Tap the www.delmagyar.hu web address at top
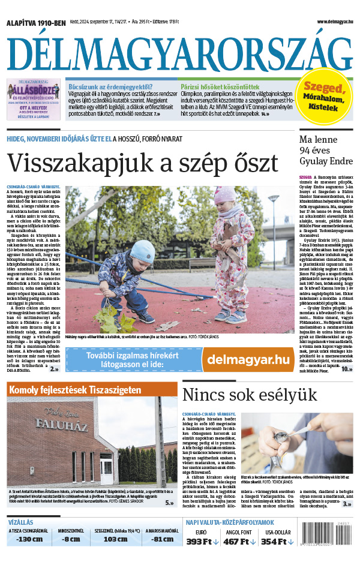tap(332, 22)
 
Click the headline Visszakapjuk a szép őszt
tap(142, 163)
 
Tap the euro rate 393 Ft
tap(202, 542)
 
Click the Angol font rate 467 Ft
tap(239, 542)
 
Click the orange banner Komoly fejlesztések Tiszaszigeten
tap(74, 389)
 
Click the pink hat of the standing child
tap(226, 195)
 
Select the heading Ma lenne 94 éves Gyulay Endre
tap(325, 151)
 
